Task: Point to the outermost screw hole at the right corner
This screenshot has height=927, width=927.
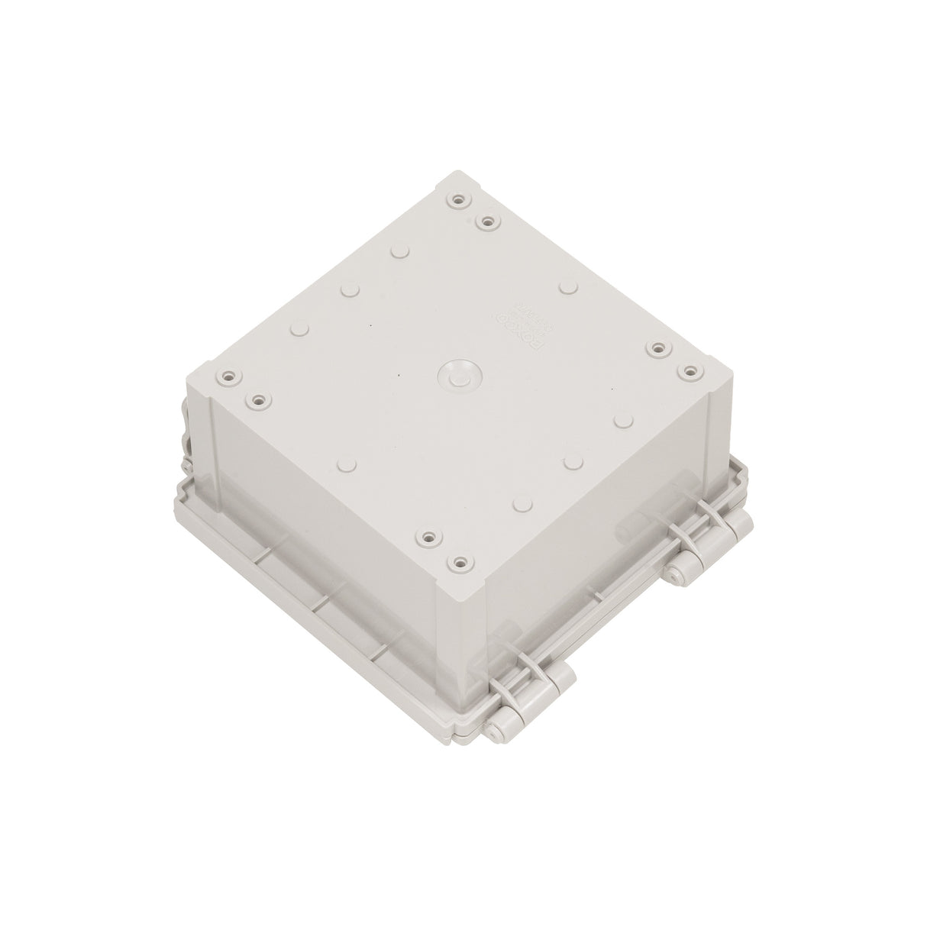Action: pos(690,370)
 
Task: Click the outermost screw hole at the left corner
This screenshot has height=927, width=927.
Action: pos(225,377)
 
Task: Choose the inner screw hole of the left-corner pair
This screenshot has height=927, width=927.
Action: pos(257,399)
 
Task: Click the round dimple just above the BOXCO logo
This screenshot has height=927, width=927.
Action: pos(567,287)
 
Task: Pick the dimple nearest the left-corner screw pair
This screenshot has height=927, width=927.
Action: pos(300,330)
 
